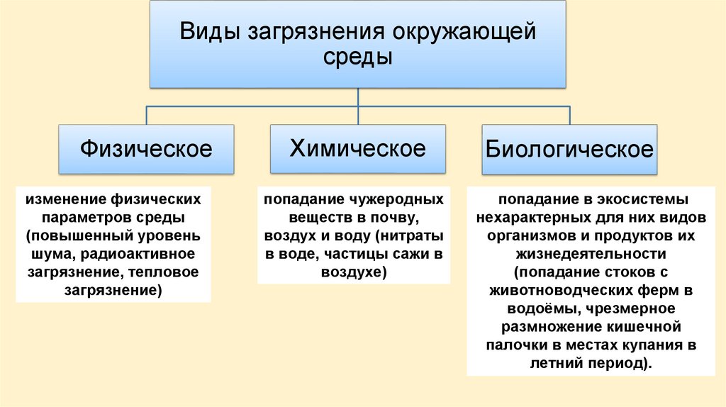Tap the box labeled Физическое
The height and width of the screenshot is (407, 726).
tap(146, 149)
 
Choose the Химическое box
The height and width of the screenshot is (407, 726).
tap(357, 148)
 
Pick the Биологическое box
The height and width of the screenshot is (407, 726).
tap(569, 150)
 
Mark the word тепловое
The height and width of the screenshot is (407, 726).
tap(165, 272)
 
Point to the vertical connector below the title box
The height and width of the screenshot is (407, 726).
tap(358, 96)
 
